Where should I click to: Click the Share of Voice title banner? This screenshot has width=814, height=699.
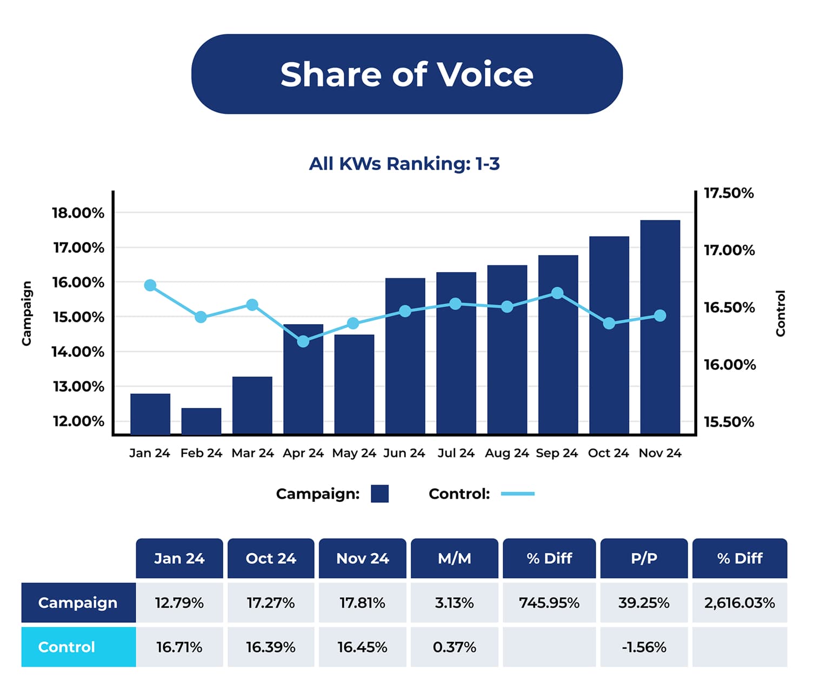tap(406, 74)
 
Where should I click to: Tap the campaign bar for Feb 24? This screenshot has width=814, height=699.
tap(201, 421)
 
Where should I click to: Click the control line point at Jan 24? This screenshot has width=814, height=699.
tap(150, 285)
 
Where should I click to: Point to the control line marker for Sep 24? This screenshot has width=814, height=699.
tap(557, 293)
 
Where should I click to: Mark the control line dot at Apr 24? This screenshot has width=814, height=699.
tap(303, 341)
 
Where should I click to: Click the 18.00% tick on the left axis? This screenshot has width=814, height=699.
tap(78, 213)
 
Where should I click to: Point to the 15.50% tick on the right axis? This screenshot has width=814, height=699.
tap(729, 422)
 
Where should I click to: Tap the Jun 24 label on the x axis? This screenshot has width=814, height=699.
tap(404, 453)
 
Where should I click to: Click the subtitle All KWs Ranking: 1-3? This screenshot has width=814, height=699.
tap(404, 164)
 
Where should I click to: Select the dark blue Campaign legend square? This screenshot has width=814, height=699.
tap(379, 494)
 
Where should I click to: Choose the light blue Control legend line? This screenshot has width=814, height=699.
tap(517, 494)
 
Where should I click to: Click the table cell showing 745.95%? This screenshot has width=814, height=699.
tap(549, 603)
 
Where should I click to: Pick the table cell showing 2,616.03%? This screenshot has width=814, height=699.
tap(739, 603)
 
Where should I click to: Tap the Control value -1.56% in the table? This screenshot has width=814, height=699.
tap(644, 647)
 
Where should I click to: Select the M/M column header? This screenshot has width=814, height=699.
tap(455, 559)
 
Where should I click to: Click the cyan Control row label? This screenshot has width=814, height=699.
tap(78, 647)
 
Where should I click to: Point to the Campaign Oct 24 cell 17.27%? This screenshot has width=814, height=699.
tap(271, 603)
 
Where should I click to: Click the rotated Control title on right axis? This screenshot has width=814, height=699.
tap(780, 313)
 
